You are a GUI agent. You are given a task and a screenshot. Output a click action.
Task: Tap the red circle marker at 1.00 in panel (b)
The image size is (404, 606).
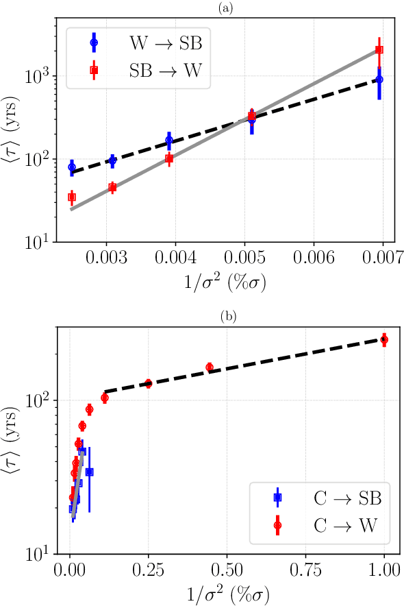click(x=384, y=339)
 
